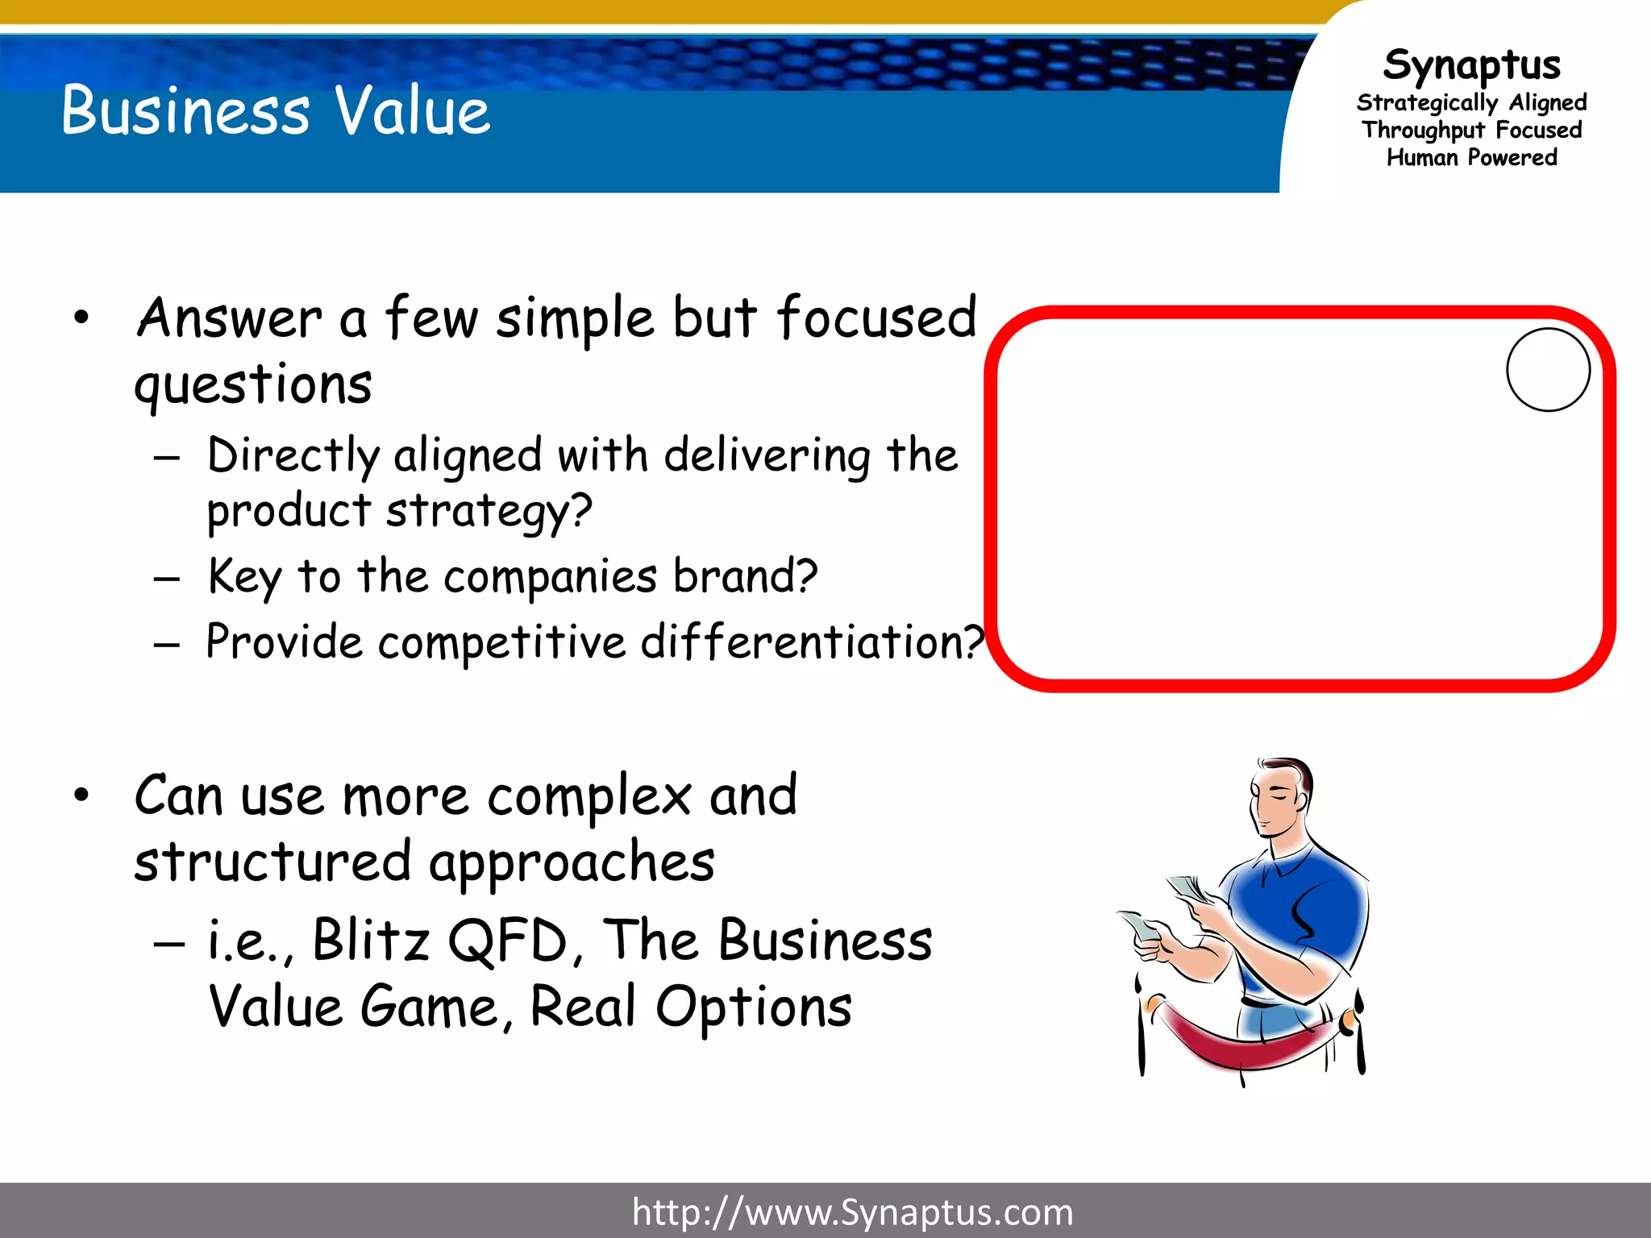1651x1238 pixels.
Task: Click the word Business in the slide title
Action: (x=185, y=110)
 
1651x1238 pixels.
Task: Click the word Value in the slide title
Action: (x=412, y=110)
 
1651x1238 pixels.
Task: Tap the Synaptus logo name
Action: (x=1471, y=64)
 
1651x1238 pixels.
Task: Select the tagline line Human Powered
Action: (x=1471, y=157)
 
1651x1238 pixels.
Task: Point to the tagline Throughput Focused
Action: (x=1471, y=130)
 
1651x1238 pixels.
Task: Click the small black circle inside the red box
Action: (x=1548, y=370)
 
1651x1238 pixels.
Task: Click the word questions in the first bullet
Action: (x=253, y=384)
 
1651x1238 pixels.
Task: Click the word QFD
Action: (x=508, y=940)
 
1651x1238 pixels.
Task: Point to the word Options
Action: (x=754, y=1007)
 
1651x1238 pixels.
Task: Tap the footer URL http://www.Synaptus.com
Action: (x=852, y=1211)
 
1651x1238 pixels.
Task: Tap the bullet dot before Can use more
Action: (x=81, y=796)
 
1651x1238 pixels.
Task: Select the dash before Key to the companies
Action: (x=167, y=579)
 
